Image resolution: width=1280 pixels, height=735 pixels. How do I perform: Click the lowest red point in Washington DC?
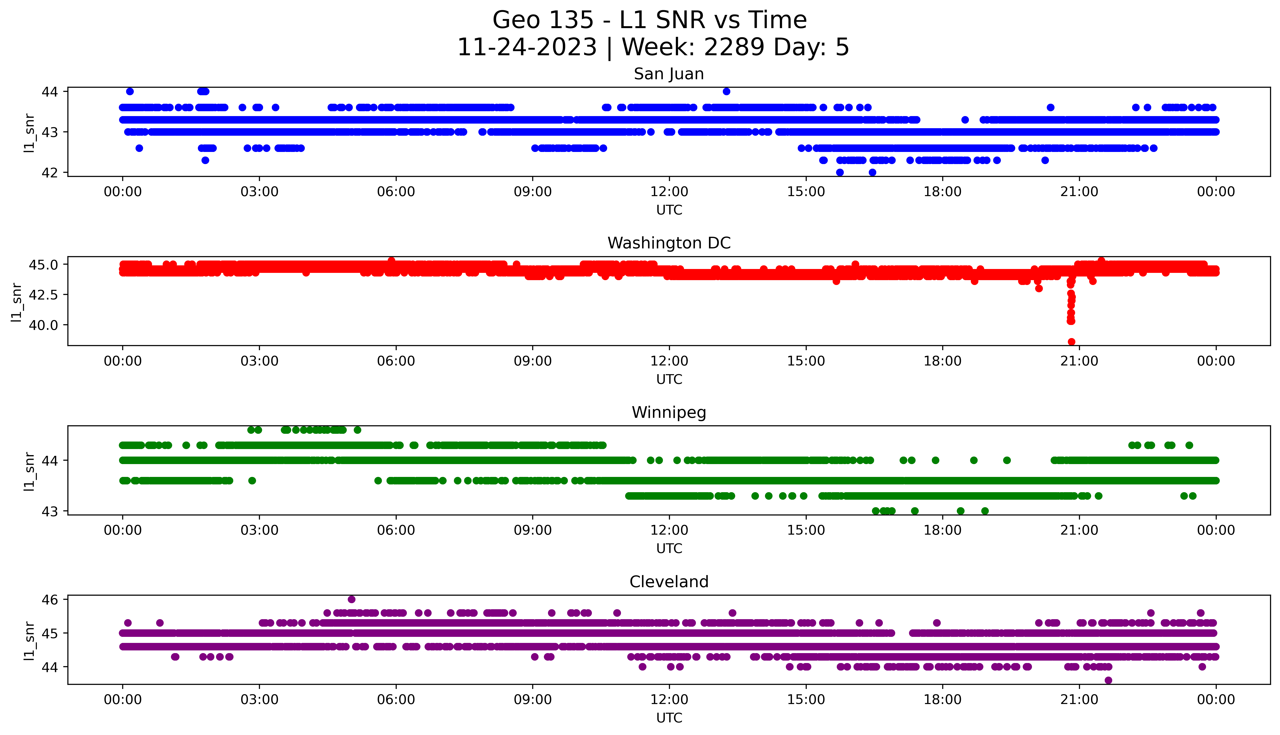point(1071,342)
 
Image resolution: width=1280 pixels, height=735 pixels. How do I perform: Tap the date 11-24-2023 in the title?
point(527,47)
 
